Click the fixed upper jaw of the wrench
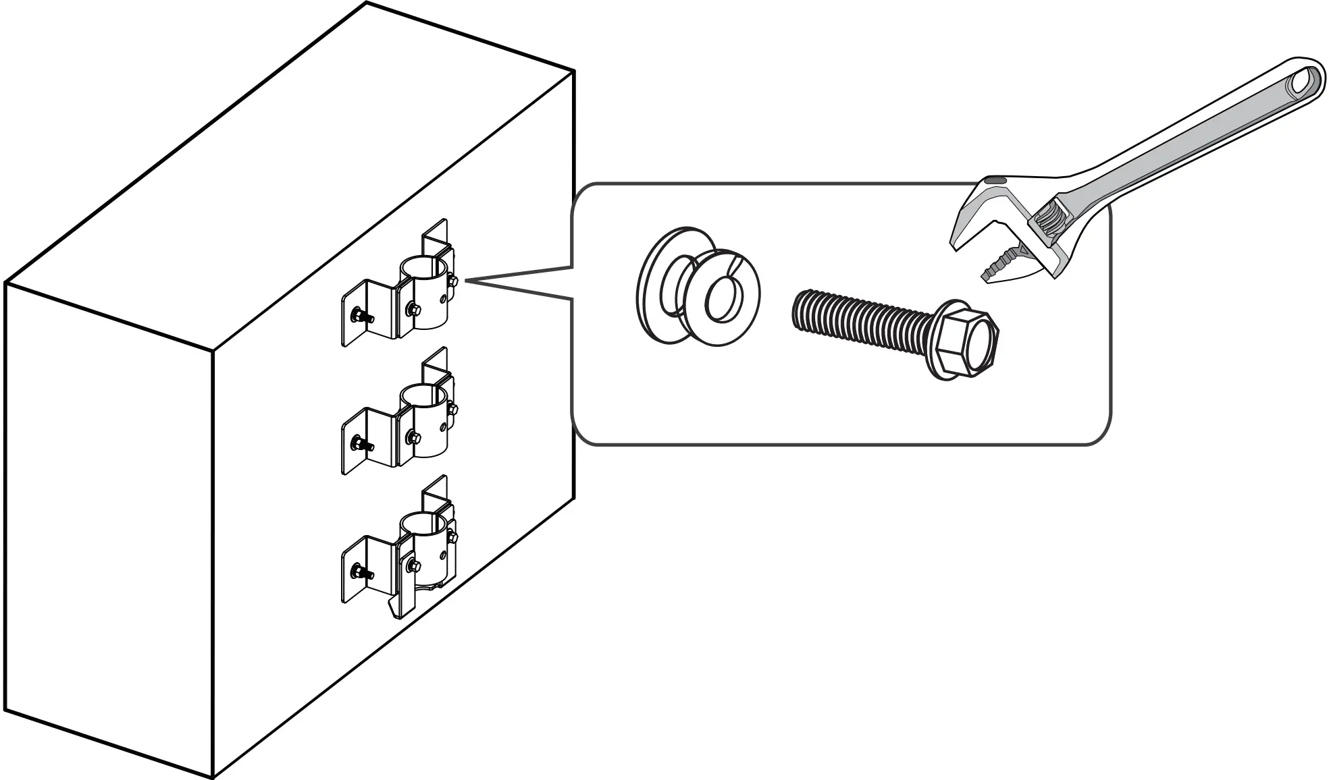click(x=976, y=216)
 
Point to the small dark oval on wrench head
click(x=995, y=181)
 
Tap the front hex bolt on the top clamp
click(x=413, y=308)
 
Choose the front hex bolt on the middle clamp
click(x=413, y=437)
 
